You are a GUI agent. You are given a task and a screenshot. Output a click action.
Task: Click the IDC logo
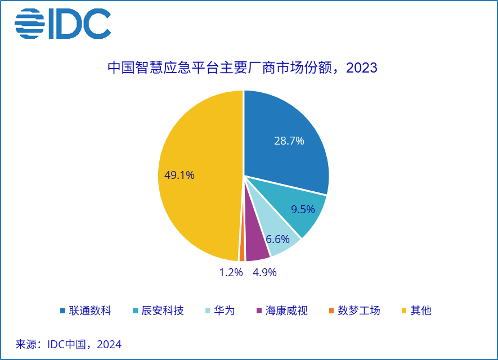coord(62,24)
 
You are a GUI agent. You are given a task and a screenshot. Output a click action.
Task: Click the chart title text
coord(243,67)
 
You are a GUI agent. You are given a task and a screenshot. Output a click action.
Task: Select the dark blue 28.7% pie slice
coord(286,139)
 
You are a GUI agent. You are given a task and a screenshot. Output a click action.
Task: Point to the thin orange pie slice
coord(242,254)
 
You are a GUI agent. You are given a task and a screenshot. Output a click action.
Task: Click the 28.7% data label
coord(289,141)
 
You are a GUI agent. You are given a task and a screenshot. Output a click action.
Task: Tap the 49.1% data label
coord(180,175)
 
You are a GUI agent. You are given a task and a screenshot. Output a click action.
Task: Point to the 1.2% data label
coord(231,272)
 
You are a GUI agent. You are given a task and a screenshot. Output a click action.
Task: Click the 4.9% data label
coord(264,272)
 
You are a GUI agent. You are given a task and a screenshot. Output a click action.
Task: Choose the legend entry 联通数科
coord(86,310)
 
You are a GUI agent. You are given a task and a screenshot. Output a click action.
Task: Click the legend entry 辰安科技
coord(158,310)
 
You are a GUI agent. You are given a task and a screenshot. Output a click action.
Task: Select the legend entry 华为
coord(220,310)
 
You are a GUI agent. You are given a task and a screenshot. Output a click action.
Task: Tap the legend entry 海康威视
coord(282,310)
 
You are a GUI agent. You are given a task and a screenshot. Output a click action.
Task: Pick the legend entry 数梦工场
coord(355,310)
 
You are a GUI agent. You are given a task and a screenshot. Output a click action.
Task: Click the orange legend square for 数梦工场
coord(331,311)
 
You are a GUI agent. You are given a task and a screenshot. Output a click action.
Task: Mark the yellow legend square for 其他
coord(404,311)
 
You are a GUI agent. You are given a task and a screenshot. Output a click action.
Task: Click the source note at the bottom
coord(69,344)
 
